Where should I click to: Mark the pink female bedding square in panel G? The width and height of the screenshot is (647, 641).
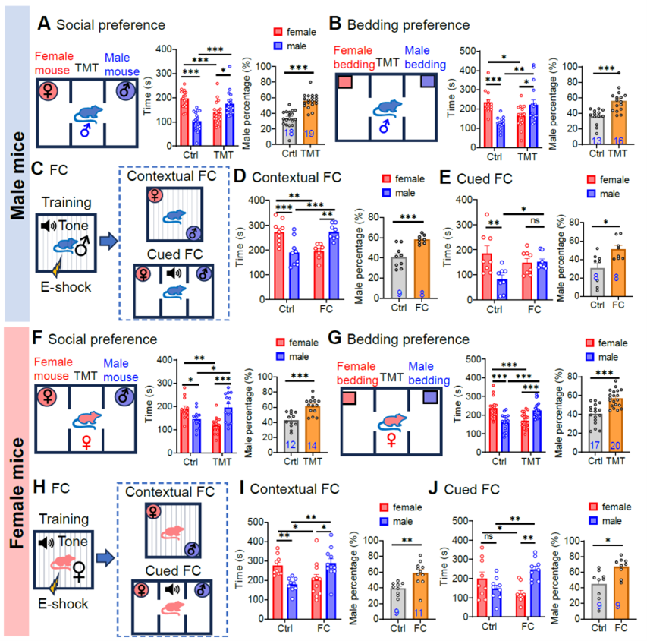coord(350,397)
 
